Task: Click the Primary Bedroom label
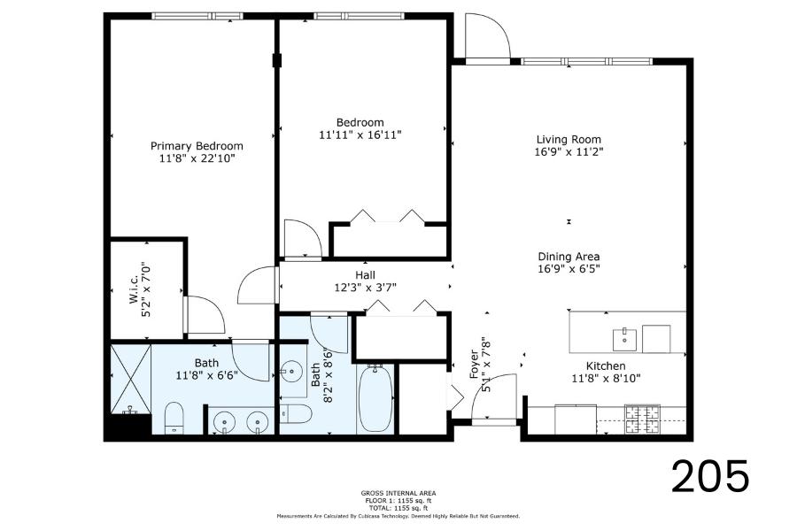pyautogui.click(x=197, y=146)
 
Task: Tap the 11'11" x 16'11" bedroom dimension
pyautogui.click(x=360, y=135)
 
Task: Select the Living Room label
pyautogui.click(x=569, y=139)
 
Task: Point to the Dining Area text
pyautogui.click(x=569, y=257)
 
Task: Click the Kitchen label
pyautogui.click(x=606, y=366)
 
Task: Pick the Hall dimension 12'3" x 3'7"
pyautogui.click(x=365, y=288)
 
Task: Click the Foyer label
pyautogui.click(x=475, y=365)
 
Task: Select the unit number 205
pyautogui.click(x=710, y=476)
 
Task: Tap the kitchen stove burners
pyautogui.click(x=642, y=419)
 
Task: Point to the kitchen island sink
pyautogui.click(x=624, y=340)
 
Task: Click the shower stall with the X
pyautogui.click(x=131, y=379)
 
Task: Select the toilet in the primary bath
pyautogui.click(x=174, y=418)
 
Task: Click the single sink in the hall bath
pyautogui.click(x=291, y=372)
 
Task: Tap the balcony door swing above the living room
pyautogui.click(x=488, y=36)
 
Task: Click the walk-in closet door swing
pyautogui.click(x=205, y=315)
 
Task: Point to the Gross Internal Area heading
pyautogui.click(x=398, y=493)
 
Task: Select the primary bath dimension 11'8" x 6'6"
pyautogui.click(x=207, y=376)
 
